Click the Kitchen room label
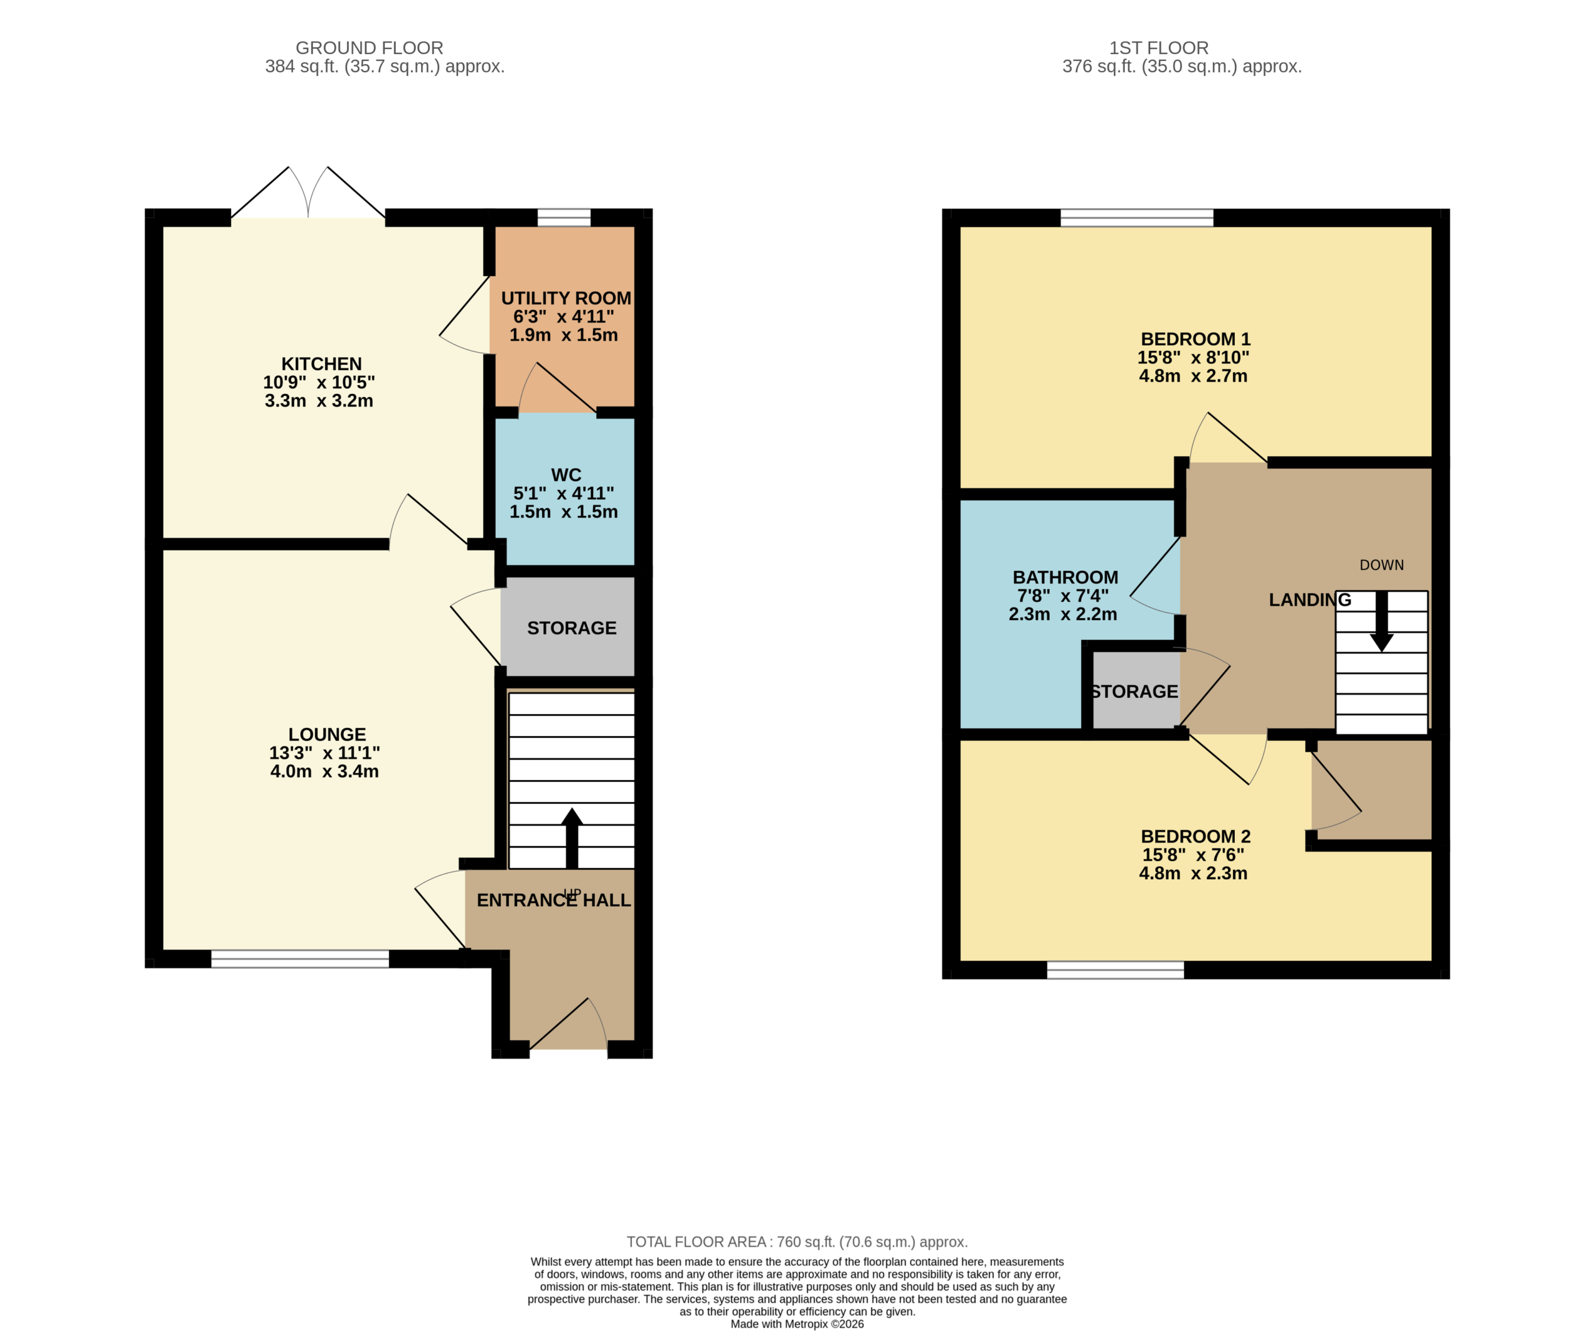[321, 364]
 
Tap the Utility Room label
[566, 298]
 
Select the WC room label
[566, 475]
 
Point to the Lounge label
[326, 735]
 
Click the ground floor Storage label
[572, 628]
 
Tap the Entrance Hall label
[554, 900]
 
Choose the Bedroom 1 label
[1196, 340]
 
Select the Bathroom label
[1065, 578]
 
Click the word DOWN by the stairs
[1381, 565]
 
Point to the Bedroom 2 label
[1196, 836]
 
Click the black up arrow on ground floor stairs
[572, 838]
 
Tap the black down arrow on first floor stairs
[1381, 621]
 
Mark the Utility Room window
[564, 218]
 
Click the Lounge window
[300, 959]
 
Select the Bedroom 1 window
[1137, 218]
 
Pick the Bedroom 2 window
[1115, 970]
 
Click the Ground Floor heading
[369, 48]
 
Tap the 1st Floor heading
[1159, 48]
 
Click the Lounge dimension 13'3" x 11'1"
[325, 753]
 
